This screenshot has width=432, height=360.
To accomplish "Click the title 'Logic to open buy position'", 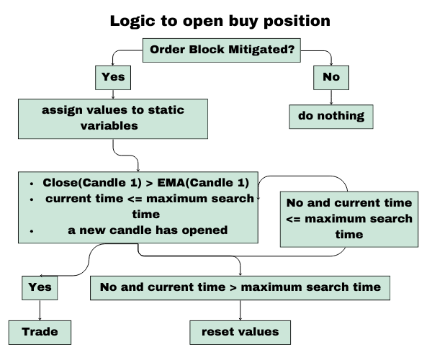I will click(220, 20).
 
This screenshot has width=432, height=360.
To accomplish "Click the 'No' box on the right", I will click(330, 76).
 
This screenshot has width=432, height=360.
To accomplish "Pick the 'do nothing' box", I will click(330, 115).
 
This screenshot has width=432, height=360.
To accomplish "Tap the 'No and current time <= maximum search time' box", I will click(349, 217).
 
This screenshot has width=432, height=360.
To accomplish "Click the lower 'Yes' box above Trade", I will click(39, 287).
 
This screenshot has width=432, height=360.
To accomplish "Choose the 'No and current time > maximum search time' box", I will click(240, 287).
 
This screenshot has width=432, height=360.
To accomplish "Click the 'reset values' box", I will click(240, 332).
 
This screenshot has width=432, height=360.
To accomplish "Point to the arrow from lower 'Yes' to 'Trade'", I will click(39, 310).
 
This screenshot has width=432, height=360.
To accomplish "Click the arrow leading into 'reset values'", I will click(240, 310).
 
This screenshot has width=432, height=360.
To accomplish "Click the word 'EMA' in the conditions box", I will click(169, 183).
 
